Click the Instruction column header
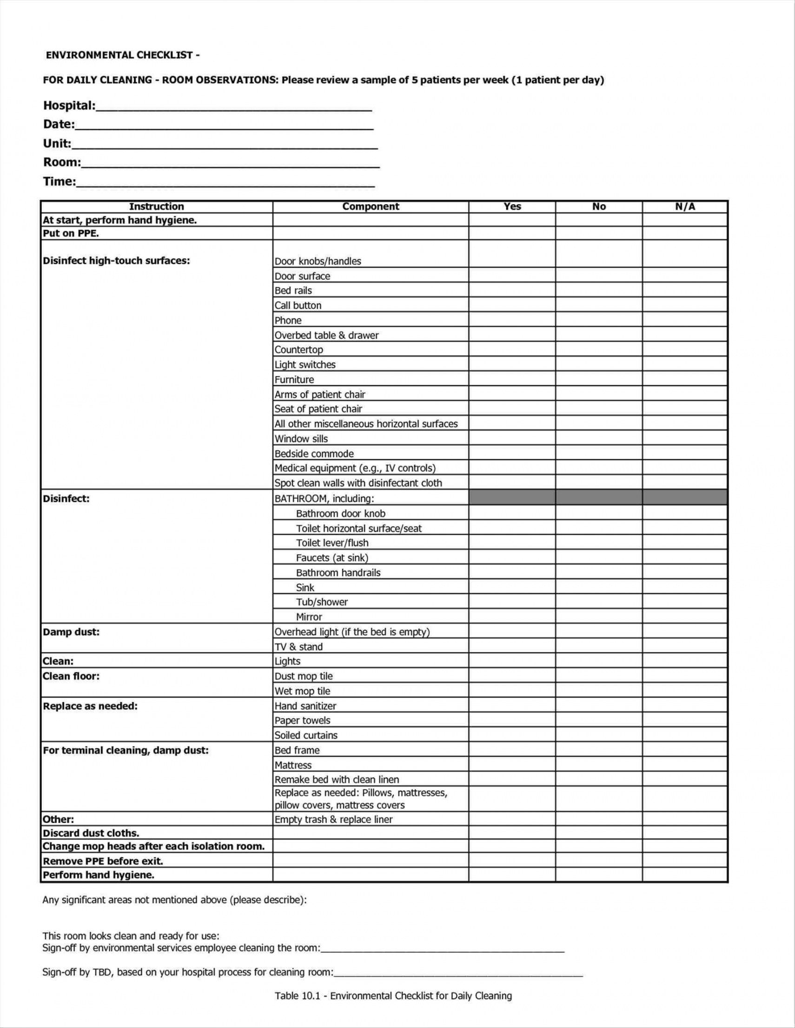point(156,206)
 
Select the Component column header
point(370,206)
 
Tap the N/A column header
point(685,206)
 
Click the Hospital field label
point(69,105)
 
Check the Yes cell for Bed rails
point(512,290)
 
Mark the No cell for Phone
point(599,320)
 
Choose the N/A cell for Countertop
point(685,350)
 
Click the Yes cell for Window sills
point(512,439)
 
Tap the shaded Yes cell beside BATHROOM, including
point(512,498)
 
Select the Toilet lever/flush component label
point(332,543)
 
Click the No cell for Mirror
point(599,617)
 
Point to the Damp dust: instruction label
point(71,632)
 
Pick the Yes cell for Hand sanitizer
point(512,705)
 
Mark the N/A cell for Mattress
point(685,765)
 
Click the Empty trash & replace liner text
point(333,819)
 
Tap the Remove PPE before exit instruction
point(103,861)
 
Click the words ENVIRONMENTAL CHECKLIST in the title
point(119,55)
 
